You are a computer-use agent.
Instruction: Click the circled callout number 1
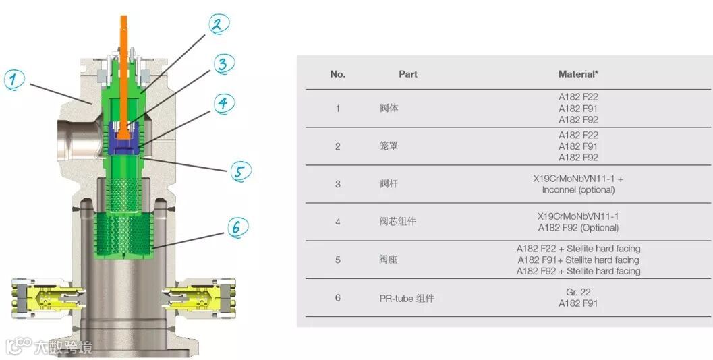pos(15,79)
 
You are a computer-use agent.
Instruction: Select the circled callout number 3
pos(223,64)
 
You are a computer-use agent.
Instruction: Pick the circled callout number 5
pos(238,171)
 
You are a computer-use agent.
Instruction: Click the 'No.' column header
pos(338,73)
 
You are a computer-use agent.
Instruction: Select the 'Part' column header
pos(408,73)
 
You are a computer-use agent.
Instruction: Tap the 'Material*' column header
pos(578,73)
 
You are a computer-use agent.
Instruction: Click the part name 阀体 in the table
pos(389,108)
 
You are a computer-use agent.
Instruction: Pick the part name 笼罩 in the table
pos(389,146)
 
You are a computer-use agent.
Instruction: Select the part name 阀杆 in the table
pos(389,184)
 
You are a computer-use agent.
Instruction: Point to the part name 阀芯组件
pos(398,222)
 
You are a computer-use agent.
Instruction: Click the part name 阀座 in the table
pos(389,260)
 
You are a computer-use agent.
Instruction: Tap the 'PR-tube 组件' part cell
pos(406,297)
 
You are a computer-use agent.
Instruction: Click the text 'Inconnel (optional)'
pos(578,189)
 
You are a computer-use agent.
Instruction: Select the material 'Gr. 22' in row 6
pos(578,292)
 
